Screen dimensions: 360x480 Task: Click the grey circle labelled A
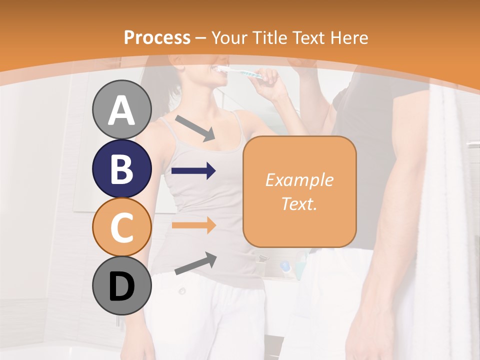[122, 109]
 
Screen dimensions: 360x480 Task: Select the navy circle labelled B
[122, 168]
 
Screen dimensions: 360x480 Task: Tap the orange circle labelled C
[122, 227]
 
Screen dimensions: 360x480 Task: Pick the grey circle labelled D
[122, 285]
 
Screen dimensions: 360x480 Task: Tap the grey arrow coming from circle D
[195, 263]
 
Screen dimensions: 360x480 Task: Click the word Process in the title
[157, 37]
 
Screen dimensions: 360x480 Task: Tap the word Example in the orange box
[299, 180]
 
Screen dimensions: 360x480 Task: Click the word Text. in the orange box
[299, 203]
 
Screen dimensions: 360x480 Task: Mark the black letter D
[122, 286]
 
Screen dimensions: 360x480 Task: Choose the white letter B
[122, 169]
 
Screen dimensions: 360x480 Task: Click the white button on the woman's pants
[182, 291]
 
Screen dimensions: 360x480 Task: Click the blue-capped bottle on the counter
[285, 267]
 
